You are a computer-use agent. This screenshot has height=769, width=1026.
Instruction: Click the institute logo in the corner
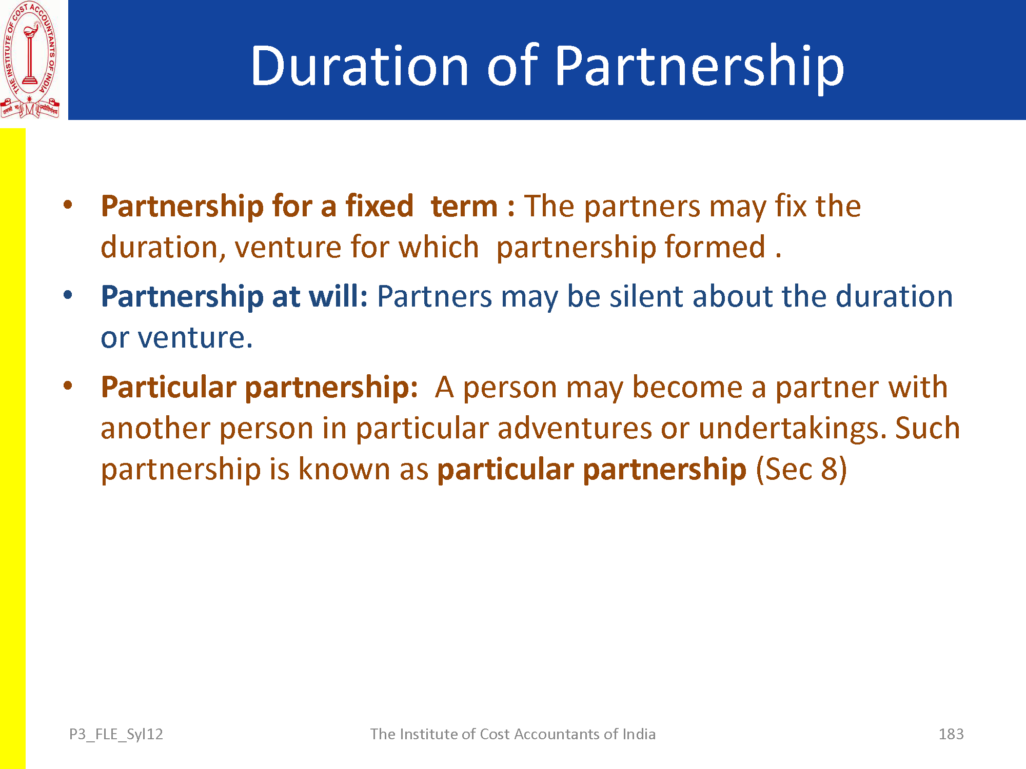coord(30,60)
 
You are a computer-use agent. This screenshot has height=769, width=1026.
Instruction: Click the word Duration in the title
coord(359,66)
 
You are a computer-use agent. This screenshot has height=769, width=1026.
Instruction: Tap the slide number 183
coord(951,734)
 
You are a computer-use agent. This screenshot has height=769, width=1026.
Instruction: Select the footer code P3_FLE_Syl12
coord(116,735)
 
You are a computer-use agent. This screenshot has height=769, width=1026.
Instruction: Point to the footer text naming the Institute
coord(513,734)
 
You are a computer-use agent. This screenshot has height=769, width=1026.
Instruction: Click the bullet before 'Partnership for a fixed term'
coord(68,205)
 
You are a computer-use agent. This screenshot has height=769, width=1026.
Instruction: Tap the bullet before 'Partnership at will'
coord(68,295)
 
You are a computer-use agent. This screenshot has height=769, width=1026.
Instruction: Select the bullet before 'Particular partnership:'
coord(68,386)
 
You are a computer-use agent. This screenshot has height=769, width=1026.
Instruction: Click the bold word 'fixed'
coord(380,206)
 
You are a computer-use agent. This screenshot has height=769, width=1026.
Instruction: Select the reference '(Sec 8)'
coord(801,470)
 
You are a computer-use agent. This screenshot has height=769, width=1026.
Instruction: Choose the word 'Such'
coord(928,428)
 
